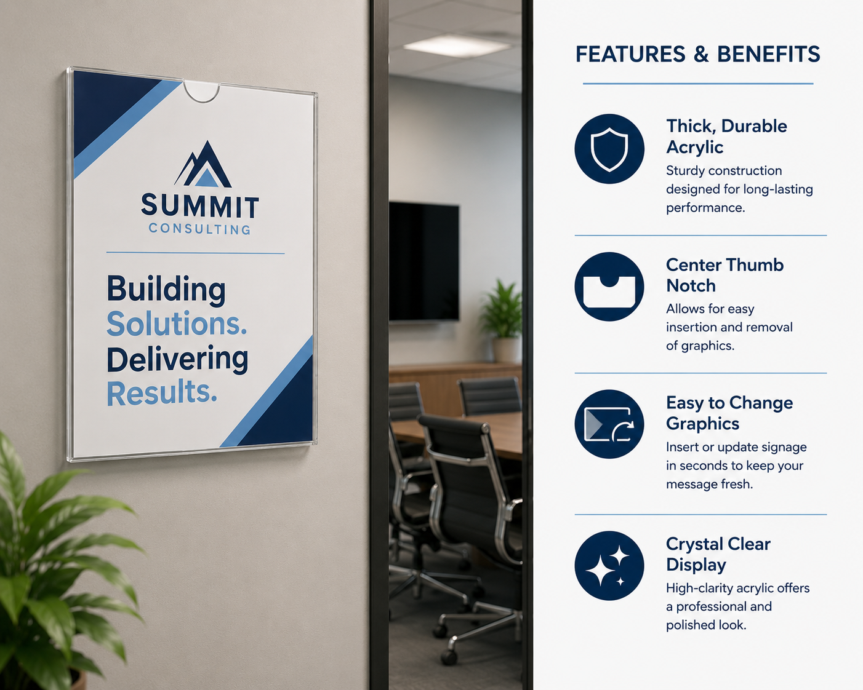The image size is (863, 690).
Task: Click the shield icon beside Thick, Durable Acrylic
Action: click(609, 149)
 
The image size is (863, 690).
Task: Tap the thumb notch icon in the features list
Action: click(609, 287)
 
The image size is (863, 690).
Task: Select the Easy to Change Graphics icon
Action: click(609, 424)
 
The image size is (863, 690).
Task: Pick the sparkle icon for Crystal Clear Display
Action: click(609, 565)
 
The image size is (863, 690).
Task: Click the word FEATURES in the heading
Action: click(630, 54)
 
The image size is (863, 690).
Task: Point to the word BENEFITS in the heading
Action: click(768, 54)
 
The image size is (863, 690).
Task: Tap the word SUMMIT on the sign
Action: click(199, 206)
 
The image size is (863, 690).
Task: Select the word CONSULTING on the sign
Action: click(199, 229)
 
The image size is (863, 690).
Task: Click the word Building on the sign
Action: click(166, 289)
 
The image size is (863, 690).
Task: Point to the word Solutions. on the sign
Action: click(177, 323)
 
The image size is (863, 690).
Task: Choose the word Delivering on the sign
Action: click(177, 359)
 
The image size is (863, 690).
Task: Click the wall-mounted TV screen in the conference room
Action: click(424, 261)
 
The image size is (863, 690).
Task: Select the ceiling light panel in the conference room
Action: click(457, 46)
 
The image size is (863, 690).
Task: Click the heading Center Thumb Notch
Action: click(725, 276)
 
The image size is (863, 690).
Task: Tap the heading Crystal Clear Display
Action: click(718, 554)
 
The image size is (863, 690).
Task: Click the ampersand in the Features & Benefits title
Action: click(701, 54)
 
